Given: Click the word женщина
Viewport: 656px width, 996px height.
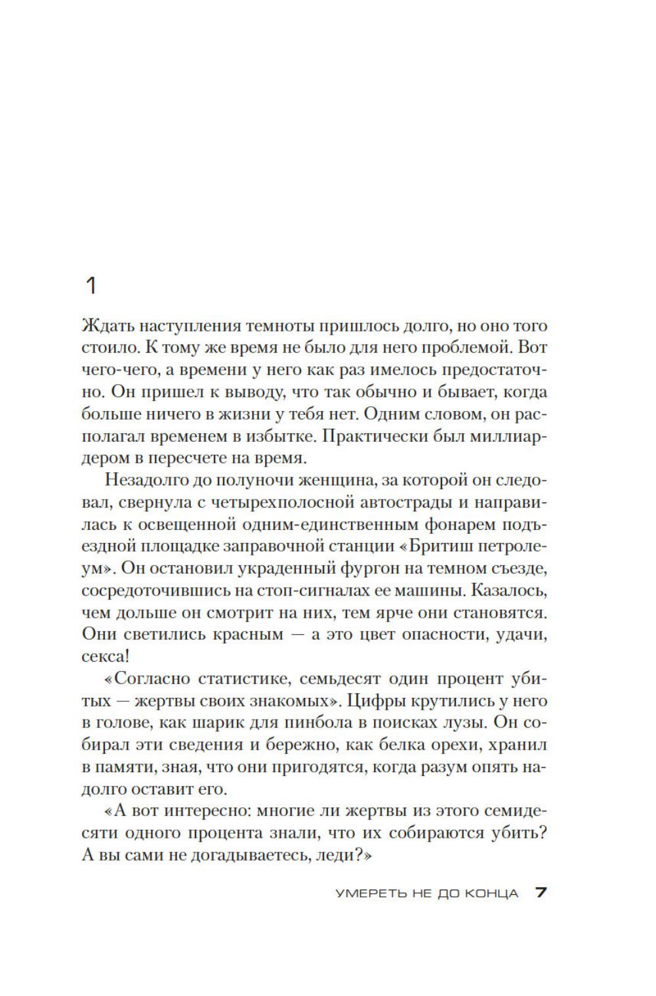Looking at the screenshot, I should (333, 480).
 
